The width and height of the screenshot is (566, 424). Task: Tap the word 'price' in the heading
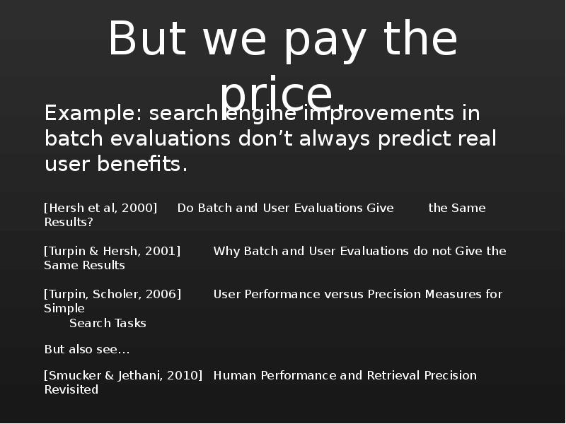pos(277,95)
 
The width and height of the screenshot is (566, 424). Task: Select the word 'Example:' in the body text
pos(94,114)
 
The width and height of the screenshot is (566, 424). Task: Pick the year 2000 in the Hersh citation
pos(137,208)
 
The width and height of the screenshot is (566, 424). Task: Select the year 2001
pos(161,251)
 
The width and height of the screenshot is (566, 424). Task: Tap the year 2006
pos(161,294)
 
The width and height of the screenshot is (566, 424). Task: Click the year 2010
pos(183,375)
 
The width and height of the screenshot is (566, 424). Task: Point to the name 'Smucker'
pos(74,375)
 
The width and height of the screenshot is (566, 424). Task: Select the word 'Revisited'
pos(71,390)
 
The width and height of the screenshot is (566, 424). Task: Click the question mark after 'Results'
pos(91,222)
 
